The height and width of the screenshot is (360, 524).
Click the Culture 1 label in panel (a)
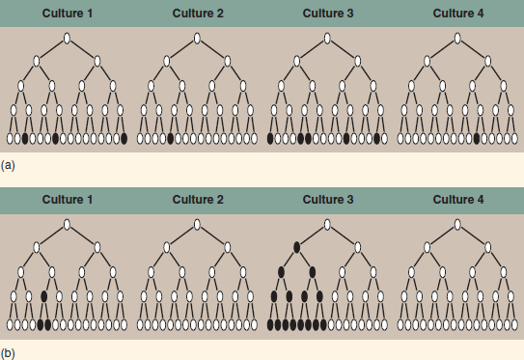(x=67, y=13)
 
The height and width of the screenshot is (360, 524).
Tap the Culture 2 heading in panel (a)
(x=197, y=13)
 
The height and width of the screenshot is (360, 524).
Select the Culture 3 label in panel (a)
(x=327, y=13)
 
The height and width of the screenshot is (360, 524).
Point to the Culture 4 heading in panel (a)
(x=458, y=13)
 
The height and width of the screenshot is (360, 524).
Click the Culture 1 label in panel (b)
(x=67, y=200)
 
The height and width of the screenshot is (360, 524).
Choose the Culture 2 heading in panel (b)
(x=197, y=200)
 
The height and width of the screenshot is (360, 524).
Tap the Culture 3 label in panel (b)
(x=327, y=200)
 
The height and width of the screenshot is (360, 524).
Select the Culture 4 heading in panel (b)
(x=458, y=200)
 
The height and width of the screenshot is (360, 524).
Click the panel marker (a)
(x=9, y=166)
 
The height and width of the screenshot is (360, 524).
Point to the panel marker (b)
(x=9, y=352)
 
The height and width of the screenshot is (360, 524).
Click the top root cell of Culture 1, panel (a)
(x=67, y=38)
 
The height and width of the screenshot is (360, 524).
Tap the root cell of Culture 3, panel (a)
(x=327, y=38)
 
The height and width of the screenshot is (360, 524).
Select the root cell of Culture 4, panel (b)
(x=457, y=225)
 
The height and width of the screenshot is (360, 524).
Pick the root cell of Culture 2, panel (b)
(x=197, y=225)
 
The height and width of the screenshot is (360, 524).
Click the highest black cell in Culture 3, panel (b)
(x=296, y=248)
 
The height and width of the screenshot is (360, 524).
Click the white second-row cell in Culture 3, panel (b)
(x=358, y=248)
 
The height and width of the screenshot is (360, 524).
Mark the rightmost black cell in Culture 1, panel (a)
(x=124, y=139)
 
